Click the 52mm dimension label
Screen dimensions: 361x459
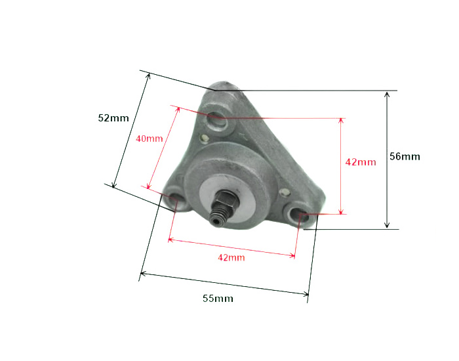pyautogui.click(x=113, y=118)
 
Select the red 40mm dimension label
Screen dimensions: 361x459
pyautogui.click(x=149, y=138)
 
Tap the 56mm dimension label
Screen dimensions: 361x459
pyautogui.click(x=405, y=156)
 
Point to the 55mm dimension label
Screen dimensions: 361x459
pyautogui.click(x=218, y=299)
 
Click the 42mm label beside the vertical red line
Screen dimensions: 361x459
pyautogui.click(x=361, y=162)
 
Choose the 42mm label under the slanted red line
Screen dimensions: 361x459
pyautogui.click(x=231, y=257)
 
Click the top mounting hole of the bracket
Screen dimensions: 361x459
pyautogui.click(x=216, y=121)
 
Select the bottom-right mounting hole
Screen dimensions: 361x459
pyautogui.click(x=298, y=213)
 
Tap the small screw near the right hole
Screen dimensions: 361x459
pyautogui.click(x=284, y=192)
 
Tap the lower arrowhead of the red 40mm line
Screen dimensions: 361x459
pyautogui.click(x=150, y=188)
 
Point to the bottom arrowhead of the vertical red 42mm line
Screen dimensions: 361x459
pyautogui.click(x=341, y=211)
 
